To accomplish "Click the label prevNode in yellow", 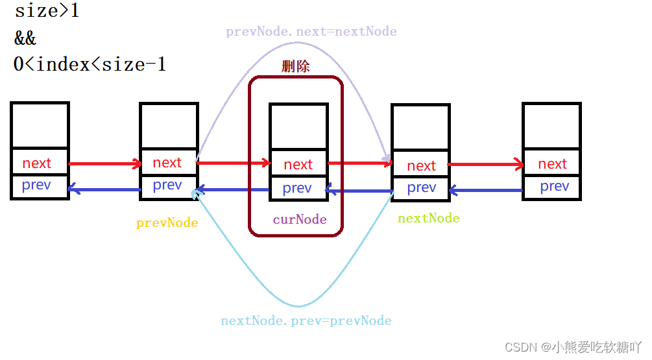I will [x=167, y=223].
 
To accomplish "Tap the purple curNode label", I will [x=299, y=219].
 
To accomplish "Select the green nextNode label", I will [x=428, y=218].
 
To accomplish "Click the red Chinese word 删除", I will [x=295, y=66].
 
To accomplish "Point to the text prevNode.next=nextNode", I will [x=311, y=31].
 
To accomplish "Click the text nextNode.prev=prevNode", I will [x=306, y=320].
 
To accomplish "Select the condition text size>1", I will [x=47, y=11].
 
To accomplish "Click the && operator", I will [x=26, y=38].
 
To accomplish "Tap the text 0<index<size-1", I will [x=90, y=64].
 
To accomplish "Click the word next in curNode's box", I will [x=298, y=165].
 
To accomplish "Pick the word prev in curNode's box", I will [x=297, y=188].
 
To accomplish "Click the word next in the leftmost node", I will [x=36, y=163].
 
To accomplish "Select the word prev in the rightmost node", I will [x=554, y=187].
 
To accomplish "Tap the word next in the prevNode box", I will [x=167, y=163].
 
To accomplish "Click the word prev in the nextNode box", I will [x=421, y=187].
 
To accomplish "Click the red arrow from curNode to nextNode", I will [x=360, y=163].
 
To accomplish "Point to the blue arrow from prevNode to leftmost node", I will [x=104, y=189].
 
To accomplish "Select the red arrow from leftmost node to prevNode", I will [x=104, y=163].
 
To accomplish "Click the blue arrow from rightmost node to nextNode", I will [x=485, y=191].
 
